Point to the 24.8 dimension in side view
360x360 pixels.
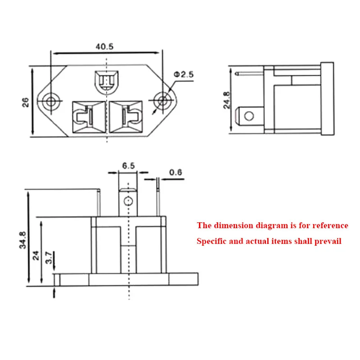tap(226, 100)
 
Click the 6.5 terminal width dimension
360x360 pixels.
tap(128, 166)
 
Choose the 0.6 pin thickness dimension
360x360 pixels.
tap(175, 172)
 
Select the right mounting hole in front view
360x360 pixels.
tap(161, 100)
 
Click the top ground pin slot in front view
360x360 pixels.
tap(106, 81)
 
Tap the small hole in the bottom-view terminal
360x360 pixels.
tap(128, 201)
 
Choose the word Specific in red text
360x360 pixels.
tap(212, 241)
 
